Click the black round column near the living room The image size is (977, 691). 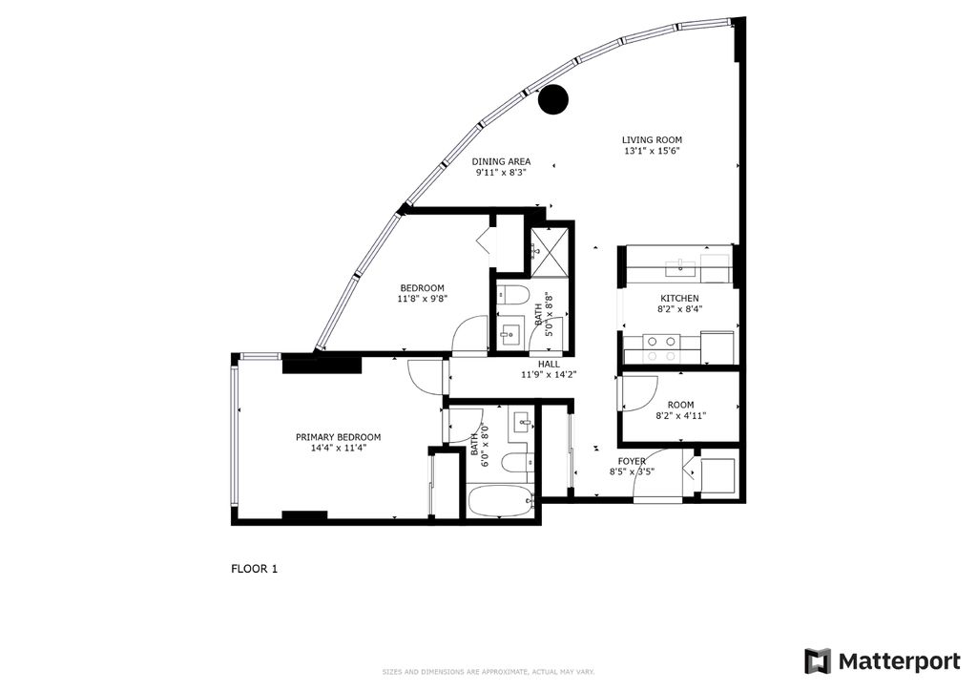552,99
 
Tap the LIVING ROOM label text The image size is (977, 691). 652,139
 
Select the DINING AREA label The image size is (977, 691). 501,161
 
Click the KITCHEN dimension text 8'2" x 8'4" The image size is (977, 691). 678,309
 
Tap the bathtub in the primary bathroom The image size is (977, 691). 500,501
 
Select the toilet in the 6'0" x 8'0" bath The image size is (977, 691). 515,465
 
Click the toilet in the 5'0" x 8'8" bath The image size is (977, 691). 512,295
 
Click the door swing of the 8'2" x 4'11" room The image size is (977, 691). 638,392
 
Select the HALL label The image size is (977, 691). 549,364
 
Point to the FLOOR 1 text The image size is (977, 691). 254,569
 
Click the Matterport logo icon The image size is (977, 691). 817,660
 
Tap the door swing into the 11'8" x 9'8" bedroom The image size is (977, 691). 470,335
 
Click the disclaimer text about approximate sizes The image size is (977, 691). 488,670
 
